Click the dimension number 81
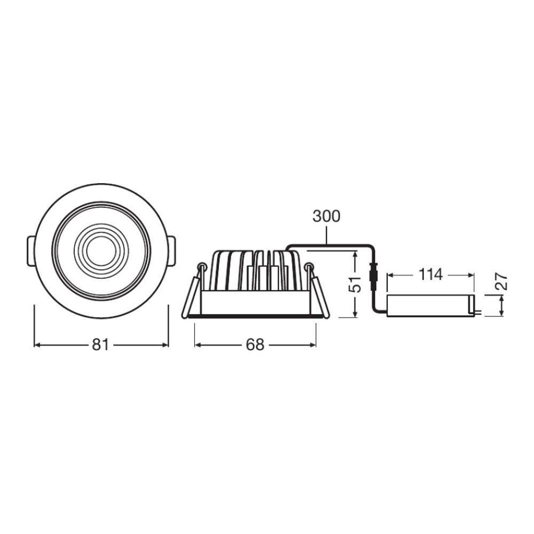click(100, 345)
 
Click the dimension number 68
click(255, 345)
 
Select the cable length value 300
click(326, 216)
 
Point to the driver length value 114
click(430, 275)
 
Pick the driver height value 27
click(501, 282)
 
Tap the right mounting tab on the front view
click(172, 250)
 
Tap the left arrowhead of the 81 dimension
click(37, 345)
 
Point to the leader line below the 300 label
click(326, 235)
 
